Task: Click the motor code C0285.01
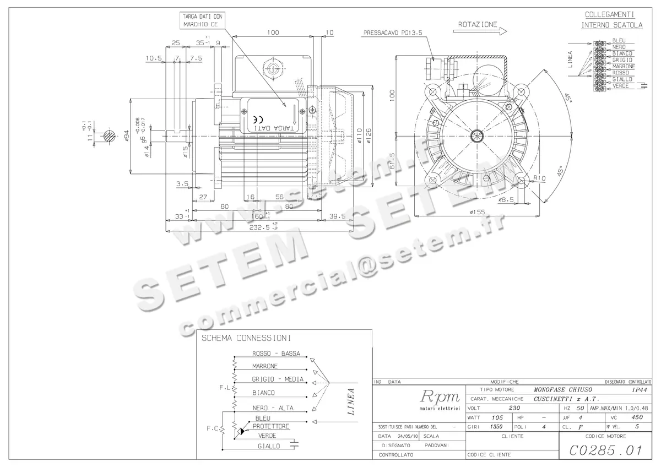(605, 450)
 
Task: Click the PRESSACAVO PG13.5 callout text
(392, 33)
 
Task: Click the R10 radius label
(539, 178)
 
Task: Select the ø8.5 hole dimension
(506, 200)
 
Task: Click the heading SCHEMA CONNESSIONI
(246, 338)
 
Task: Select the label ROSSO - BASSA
(276, 354)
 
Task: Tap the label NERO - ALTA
(273, 408)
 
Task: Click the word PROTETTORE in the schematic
(271, 426)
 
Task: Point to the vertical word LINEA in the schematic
(351, 401)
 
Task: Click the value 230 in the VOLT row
(514, 408)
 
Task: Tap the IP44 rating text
(640, 389)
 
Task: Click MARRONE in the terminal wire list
(623, 66)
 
